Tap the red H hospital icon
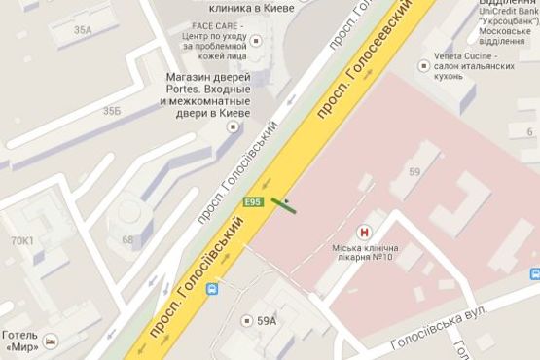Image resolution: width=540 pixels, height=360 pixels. click(365, 233)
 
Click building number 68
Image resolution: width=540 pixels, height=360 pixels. click(127, 239)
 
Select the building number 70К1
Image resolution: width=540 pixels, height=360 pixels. click(20, 239)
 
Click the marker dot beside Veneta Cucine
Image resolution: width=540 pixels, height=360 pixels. click(423, 66)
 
